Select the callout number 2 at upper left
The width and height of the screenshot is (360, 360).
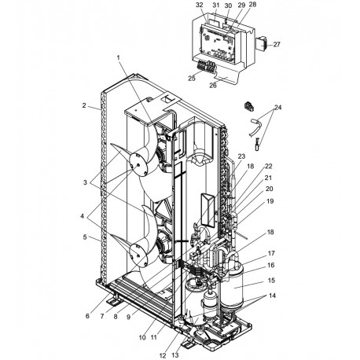pos(83,106)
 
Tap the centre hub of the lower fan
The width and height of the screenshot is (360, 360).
pos(140,253)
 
